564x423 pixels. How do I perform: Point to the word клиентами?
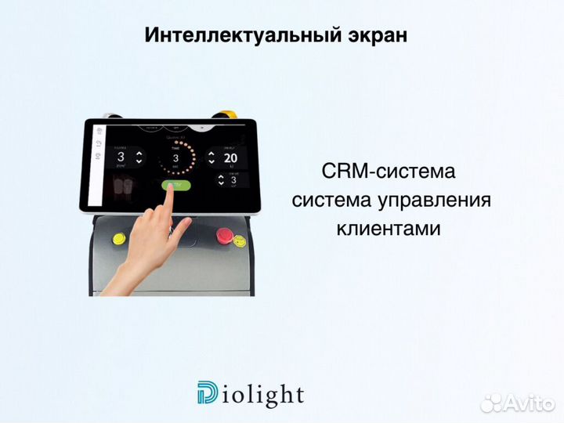(x=387, y=229)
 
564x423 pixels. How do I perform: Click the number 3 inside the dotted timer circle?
(x=176, y=157)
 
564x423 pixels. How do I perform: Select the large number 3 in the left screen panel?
(x=119, y=156)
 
